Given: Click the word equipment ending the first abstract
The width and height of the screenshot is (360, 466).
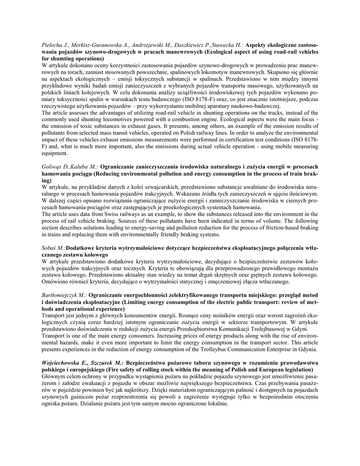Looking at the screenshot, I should click(x=55, y=154).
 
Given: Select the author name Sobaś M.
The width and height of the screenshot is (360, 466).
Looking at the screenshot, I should click(x=53, y=248).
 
